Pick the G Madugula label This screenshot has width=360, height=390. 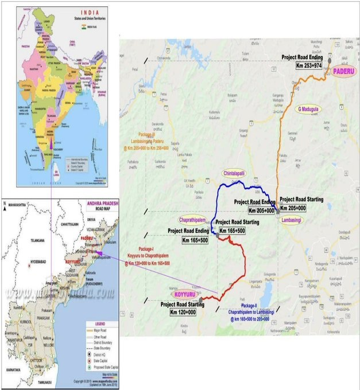click(x=308, y=108)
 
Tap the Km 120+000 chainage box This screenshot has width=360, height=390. click(x=183, y=312)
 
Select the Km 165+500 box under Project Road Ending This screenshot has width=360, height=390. click(x=188, y=239)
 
